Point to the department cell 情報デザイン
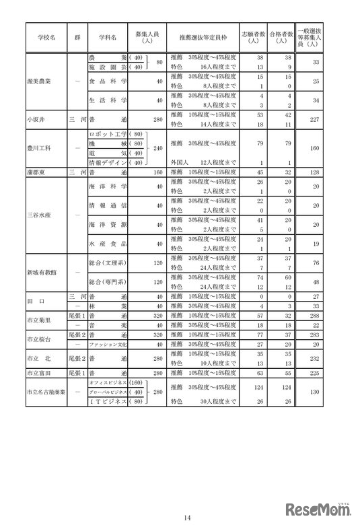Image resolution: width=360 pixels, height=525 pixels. tap(106, 162)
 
